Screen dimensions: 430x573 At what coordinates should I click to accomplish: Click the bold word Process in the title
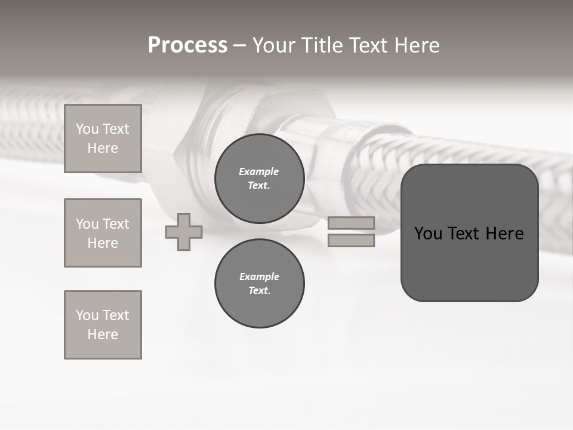coord(187,45)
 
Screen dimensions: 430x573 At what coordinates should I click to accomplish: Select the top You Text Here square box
coord(103,139)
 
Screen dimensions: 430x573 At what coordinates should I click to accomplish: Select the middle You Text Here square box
coord(103,233)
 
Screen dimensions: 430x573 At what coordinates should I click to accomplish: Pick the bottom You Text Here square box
coord(103,325)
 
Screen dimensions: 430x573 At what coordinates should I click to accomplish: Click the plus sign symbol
coord(184,232)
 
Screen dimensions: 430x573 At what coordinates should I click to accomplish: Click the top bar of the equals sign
coord(351,223)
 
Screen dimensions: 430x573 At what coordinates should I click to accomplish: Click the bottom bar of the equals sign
coord(351,241)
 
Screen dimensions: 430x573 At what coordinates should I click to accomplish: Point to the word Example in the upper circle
coord(258,171)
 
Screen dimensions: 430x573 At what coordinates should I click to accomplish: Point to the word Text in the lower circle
coord(258,290)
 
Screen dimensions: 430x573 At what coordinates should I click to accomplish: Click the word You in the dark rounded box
coord(428,234)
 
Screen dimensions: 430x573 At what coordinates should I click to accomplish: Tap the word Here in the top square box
coord(103,148)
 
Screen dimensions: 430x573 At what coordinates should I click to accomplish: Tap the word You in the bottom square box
coord(87,315)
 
